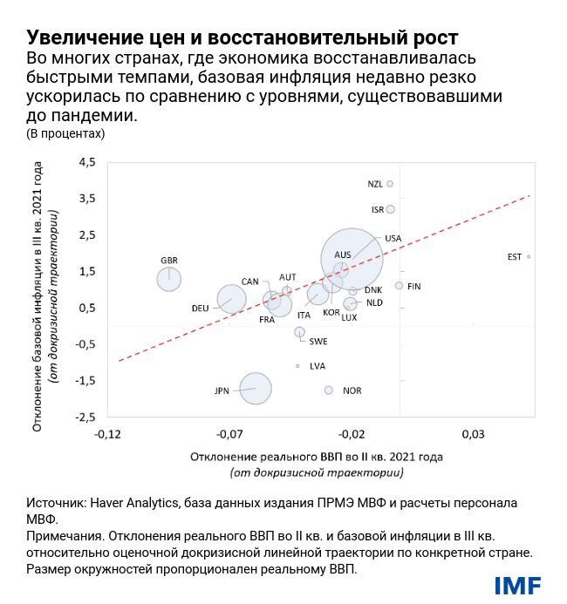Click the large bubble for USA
[352, 259]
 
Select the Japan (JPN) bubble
[255, 389]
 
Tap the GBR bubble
[169, 279]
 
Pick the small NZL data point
[390, 184]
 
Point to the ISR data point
[391, 209]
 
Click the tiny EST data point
[529, 257]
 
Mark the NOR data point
[329, 390]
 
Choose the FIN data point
[399, 286]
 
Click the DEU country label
[200, 309]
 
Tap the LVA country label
[317, 366]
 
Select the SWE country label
[318, 342]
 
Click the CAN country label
[249, 282]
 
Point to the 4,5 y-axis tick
[87, 162]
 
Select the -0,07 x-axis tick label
[229, 433]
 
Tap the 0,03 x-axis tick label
[473, 433]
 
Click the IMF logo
[517, 585]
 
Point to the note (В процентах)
[65, 133]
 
